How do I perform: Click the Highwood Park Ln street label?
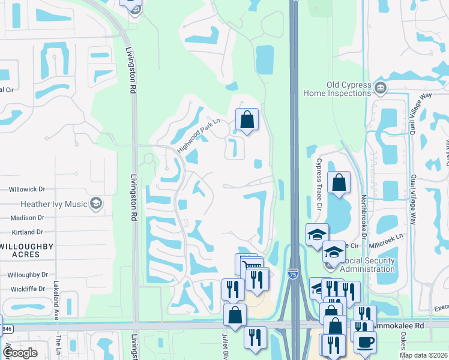coord(199,136)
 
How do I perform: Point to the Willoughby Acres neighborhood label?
coord(26,250)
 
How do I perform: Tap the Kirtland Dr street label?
coord(27,232)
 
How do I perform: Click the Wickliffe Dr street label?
coord(28,289)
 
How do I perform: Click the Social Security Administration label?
coord(367,265)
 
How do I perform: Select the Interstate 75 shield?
coord(292,274)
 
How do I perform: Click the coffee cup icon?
coord(365,341)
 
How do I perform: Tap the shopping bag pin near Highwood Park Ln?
coord(247,119)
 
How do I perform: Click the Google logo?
coord(20,353)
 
